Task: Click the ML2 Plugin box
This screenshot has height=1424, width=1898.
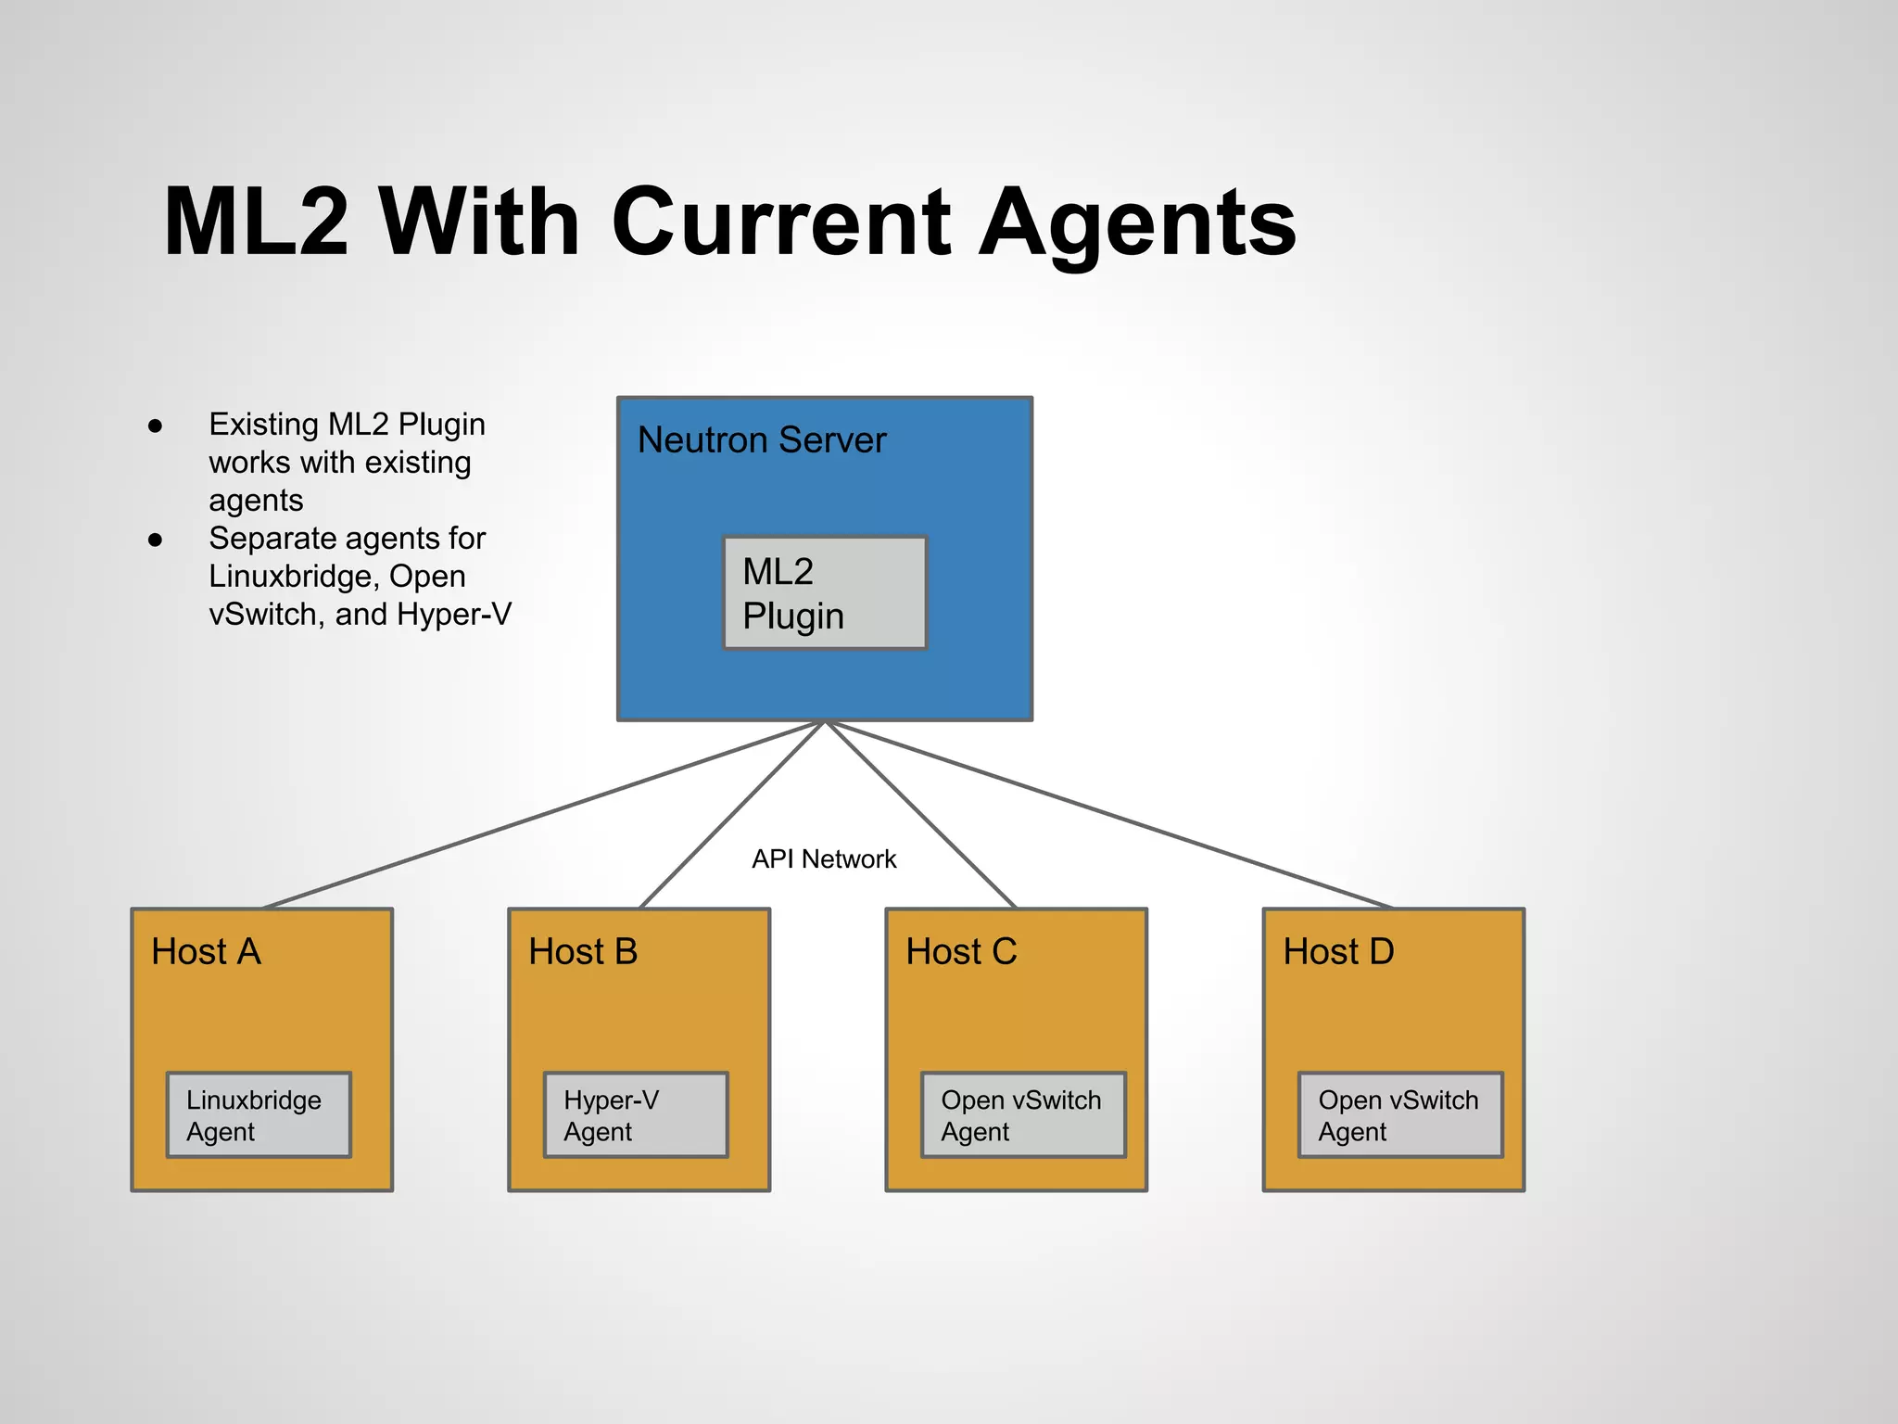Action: (x=824, y=592)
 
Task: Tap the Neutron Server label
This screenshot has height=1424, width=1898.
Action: (x=762, y=440)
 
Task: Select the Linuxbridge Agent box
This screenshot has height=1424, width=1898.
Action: (x=259, y=1115)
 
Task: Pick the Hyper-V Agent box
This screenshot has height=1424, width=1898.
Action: (x=636, y=1115)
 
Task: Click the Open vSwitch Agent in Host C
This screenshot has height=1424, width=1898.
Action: (x=1023, y=1115)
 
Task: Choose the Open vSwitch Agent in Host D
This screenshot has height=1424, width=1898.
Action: (x=1400, y=1115)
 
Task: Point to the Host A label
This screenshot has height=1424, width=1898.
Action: (x=207, y=952)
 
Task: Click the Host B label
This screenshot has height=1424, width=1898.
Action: (x=583, y=952)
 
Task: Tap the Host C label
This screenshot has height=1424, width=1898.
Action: (x=961, y=952)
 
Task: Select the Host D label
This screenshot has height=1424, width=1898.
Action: (x=1338, y=952)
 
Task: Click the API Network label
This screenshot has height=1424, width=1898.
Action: (x=824, y=859)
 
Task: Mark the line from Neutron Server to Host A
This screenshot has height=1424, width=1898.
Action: (x=542, y=815)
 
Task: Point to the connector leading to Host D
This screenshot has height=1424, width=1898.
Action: (x=1107, y=815)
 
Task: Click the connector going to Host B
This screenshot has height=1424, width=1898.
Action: (x=732, y=815)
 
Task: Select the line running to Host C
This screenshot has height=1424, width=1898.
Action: (x=920, y=815)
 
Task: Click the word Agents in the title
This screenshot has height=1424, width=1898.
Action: (x=1138, y=222)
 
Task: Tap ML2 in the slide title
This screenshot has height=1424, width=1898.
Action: (x=257, y=222)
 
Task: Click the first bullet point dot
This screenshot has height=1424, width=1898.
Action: (x=156, y=426)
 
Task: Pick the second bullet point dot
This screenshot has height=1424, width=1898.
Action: (x=156, y=540)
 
